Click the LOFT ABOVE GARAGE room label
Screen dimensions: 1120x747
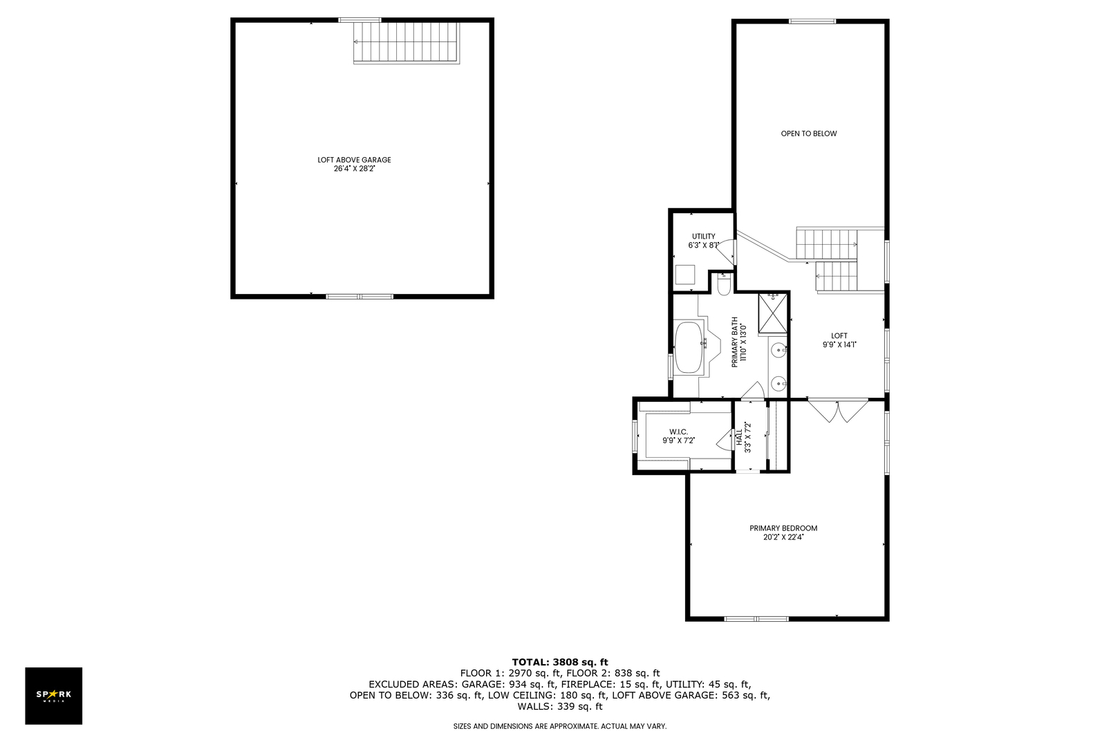[x=354, y=160]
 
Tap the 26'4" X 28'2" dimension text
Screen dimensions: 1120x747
[x=354, y=169]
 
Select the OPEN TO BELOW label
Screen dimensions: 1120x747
[x=808, y=133]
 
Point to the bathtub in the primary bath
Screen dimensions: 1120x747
[x=689, y=347]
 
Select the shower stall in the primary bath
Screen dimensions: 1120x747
[x=772, y=314]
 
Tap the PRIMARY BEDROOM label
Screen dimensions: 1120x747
[x=783, y=528]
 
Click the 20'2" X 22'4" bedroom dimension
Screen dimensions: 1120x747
[x=783, y=537]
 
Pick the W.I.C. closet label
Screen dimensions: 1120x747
[x=678, y=432]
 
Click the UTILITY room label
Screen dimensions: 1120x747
[x=704, y=236]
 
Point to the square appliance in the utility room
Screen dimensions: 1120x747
[x=685, y=275]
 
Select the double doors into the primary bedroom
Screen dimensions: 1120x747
[x=838, y=411]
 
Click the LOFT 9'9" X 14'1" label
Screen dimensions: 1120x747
[x=839, y=340]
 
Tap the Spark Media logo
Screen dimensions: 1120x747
[x=53, y=695]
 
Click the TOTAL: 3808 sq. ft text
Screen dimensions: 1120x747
[x=559, y=663]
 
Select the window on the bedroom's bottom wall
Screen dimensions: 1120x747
[x=756, y=619]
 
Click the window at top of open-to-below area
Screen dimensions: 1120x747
[x=812, y=21]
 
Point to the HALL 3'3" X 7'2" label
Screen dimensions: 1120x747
[x=743, y=438]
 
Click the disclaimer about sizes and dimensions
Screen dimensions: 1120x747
[x=560, y=726]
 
